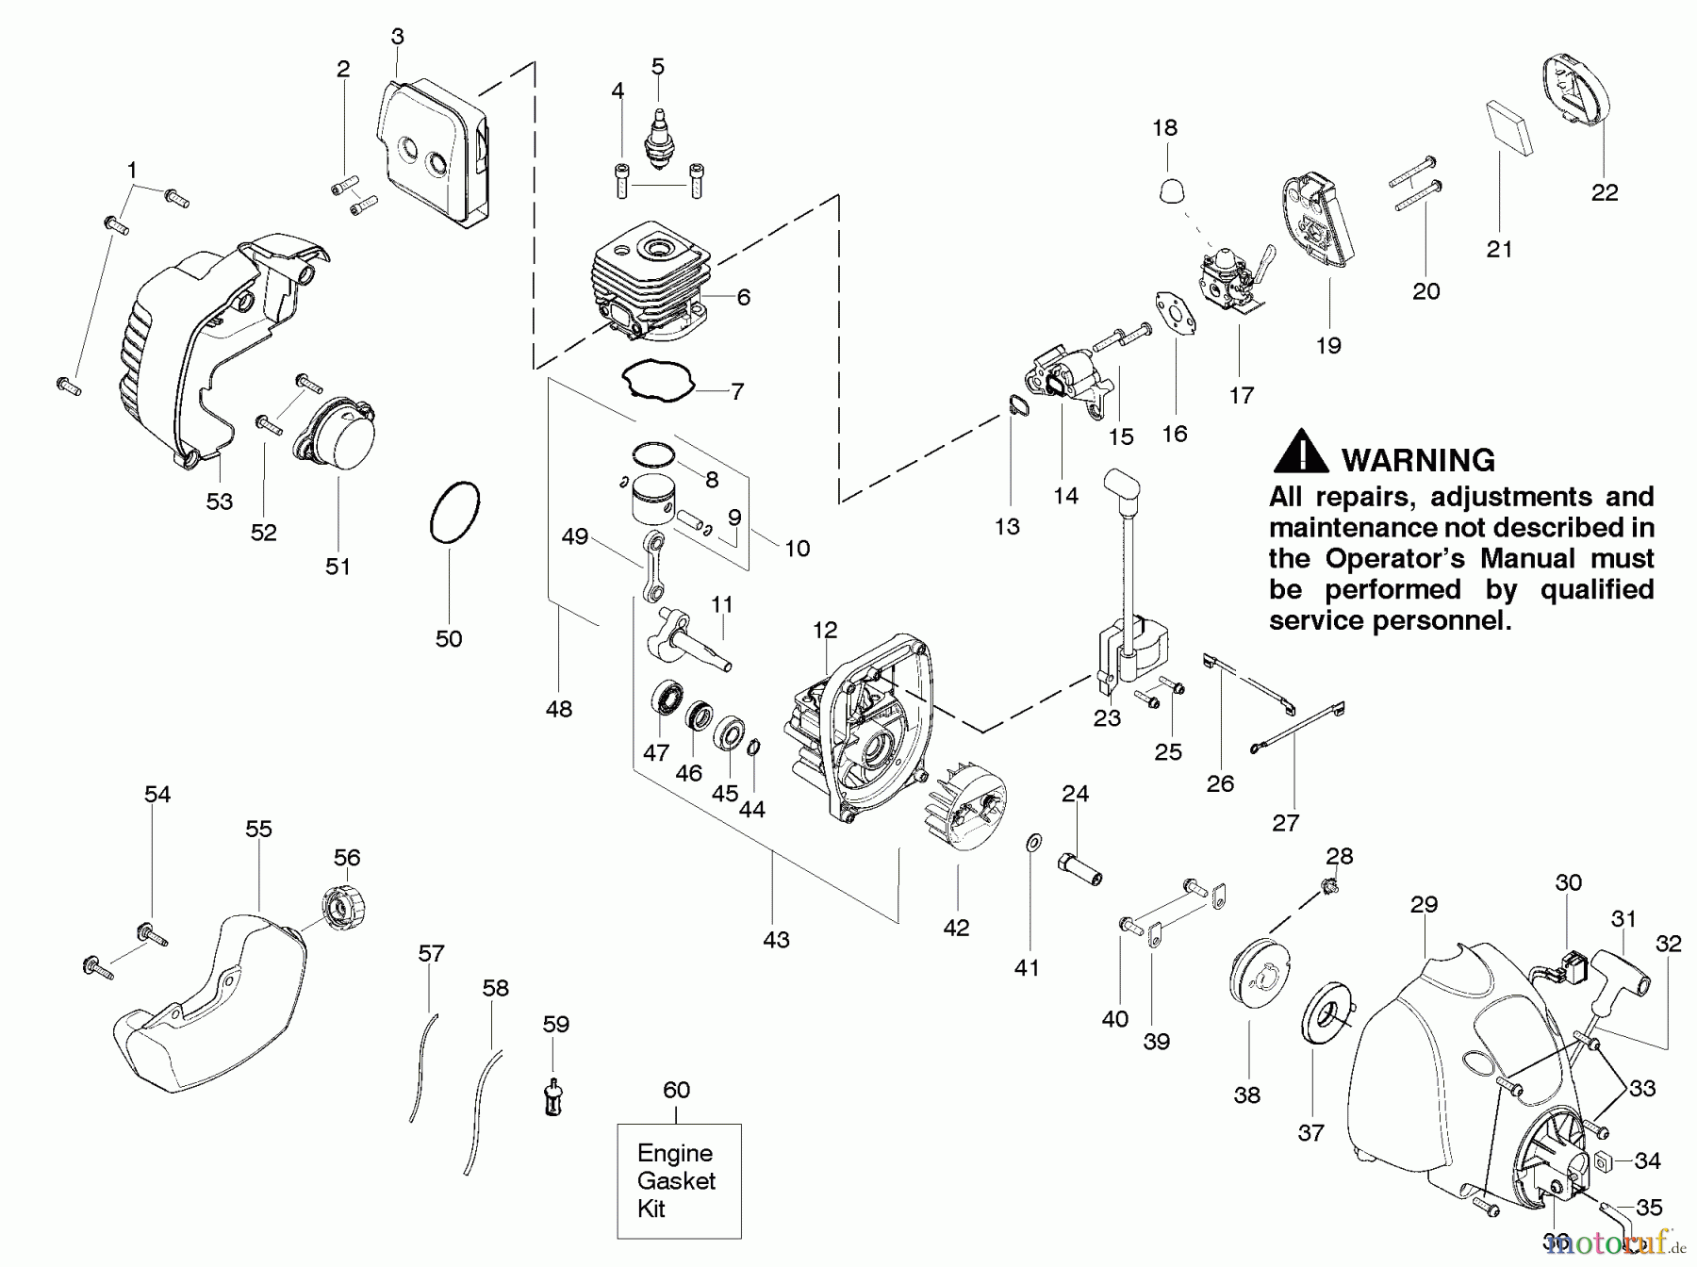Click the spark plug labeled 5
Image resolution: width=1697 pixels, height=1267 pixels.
657,141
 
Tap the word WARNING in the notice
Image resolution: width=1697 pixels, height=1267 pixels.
1417,460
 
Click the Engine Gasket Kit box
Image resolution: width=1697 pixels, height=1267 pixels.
679,1180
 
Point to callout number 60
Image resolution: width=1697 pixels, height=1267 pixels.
676,1090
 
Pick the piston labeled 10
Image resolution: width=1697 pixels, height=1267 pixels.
647,497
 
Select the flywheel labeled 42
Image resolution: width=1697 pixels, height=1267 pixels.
965,805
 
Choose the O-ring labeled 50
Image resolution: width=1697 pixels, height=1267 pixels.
455,513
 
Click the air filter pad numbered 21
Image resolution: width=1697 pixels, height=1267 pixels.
1508,127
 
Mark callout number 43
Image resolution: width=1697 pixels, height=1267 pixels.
776,939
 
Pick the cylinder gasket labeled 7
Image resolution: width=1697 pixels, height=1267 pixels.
657,383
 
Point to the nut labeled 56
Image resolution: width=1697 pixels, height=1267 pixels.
342,908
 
